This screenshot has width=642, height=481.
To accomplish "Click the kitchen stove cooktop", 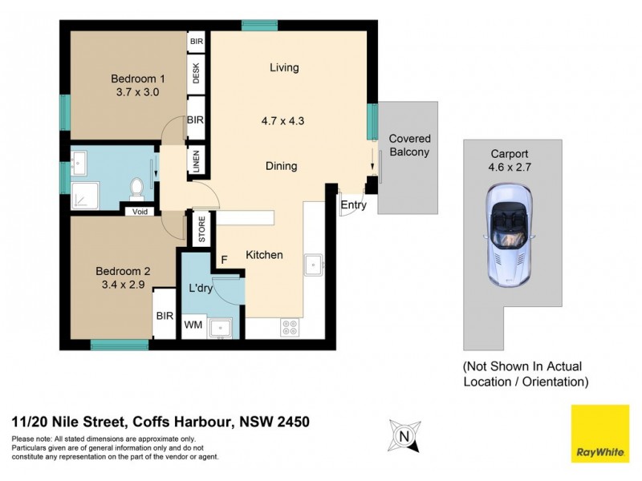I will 290,327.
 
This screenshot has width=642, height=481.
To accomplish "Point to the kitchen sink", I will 312,264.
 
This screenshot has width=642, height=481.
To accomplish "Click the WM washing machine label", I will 193,325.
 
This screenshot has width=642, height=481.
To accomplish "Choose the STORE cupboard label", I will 202,230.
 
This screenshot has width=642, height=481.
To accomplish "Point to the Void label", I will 140,212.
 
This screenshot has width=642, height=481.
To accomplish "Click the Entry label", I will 353,205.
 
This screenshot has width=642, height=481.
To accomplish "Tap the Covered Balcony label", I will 409,145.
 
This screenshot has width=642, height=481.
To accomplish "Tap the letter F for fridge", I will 226,259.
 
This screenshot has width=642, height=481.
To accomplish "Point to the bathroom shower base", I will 83,191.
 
